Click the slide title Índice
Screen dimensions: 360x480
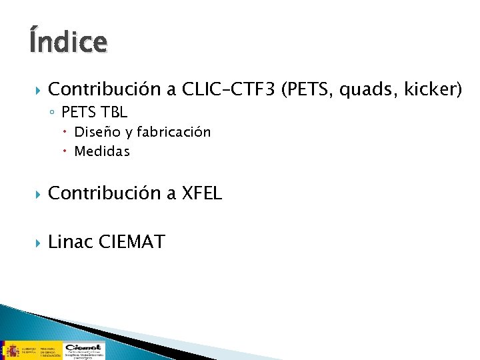67,41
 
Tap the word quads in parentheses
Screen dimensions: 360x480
364,89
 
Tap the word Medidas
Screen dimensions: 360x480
102,151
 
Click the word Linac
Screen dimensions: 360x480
71,241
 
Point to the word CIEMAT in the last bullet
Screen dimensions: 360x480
131,241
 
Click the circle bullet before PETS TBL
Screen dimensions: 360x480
53,113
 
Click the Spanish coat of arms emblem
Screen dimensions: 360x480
11,349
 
